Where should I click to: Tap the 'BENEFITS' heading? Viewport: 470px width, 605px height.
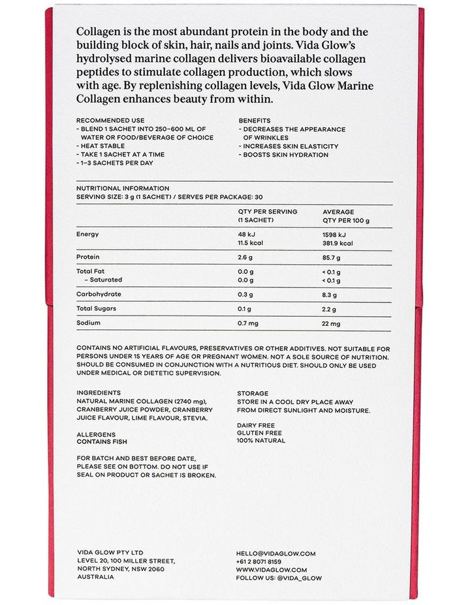[x=255, y=121]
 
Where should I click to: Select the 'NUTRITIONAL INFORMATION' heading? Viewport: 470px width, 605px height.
[x=123, y=188]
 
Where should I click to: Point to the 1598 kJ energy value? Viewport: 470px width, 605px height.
[x=334, y=234]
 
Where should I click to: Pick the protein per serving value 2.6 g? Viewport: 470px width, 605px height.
[x=246, y=257]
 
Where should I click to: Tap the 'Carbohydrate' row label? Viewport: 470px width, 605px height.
[x=98, y=294]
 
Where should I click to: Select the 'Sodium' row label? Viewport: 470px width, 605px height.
[x=88, y=323]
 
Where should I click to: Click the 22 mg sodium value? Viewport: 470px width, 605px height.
[x=332, y=323]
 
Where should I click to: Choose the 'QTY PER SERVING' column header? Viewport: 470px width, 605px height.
[x=268, y=212]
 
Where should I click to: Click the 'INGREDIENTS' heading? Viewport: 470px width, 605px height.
[x=99, y=393]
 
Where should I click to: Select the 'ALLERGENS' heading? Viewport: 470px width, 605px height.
[x=96, y=434]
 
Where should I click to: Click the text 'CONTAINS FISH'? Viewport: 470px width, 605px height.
[x=102, y=441]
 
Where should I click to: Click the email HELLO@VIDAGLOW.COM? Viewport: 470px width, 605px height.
[x=275, y=553]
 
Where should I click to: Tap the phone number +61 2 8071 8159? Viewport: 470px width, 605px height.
[x=258, y=561]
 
